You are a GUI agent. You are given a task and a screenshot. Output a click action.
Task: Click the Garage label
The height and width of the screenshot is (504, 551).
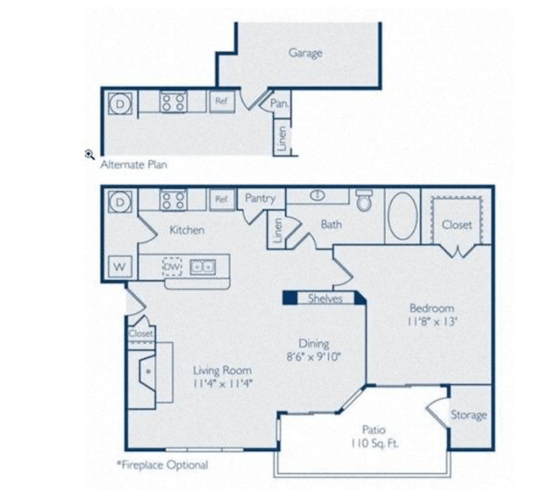305,53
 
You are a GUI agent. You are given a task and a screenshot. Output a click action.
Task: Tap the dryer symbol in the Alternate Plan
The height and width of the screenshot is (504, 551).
121,103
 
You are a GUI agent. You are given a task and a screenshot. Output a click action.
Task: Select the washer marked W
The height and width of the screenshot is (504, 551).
120,267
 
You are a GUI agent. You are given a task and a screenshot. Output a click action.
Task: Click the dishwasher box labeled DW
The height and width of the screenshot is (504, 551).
173,268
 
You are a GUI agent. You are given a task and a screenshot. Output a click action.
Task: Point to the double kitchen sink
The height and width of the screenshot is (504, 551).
203,268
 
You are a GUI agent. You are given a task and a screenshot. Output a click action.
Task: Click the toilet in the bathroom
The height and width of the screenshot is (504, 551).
364,200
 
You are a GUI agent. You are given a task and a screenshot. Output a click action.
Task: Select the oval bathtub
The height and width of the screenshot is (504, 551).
403,216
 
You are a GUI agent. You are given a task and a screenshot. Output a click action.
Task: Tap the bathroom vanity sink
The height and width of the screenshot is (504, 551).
317,195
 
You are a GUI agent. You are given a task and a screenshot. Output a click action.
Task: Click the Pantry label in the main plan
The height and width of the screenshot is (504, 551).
260,199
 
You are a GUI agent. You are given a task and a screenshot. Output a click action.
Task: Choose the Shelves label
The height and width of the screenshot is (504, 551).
325,299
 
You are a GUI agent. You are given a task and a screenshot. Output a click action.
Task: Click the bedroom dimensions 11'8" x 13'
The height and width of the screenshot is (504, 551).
432,322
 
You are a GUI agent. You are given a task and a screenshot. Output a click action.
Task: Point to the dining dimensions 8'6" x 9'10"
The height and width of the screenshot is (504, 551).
314,357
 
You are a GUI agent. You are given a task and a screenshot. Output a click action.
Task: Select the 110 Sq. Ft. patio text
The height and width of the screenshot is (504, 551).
374,444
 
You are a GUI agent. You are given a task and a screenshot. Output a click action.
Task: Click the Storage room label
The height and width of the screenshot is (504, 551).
469,415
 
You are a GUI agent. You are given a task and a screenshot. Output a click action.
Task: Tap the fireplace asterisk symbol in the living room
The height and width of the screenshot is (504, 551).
148,372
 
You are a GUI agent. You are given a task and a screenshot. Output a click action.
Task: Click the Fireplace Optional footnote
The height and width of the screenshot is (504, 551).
162,465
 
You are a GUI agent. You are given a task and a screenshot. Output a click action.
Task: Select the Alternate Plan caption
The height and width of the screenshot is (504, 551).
133,164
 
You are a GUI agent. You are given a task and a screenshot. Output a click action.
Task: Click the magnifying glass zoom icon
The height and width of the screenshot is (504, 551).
90,154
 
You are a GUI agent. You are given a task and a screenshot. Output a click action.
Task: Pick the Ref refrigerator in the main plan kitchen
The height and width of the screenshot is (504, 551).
221,200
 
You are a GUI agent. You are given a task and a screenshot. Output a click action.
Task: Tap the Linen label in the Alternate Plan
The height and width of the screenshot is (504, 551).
282,138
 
